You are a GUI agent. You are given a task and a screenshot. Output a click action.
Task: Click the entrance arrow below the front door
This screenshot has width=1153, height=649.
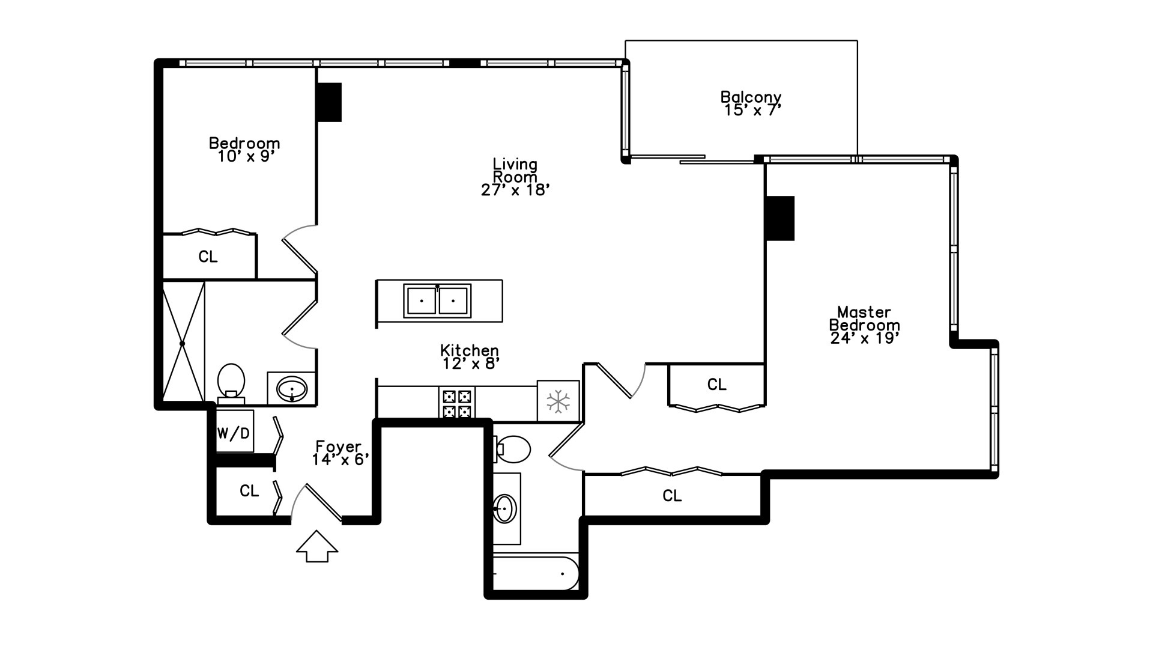(317, 547)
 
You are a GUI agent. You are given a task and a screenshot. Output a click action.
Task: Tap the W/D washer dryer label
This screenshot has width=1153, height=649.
(234, 433)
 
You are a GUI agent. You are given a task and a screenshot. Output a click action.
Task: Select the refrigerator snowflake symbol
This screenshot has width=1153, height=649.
(558, 401)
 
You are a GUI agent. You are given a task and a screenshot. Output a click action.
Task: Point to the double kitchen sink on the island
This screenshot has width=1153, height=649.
(437, 300)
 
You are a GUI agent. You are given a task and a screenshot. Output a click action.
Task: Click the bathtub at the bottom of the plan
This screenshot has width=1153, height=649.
(534, 573)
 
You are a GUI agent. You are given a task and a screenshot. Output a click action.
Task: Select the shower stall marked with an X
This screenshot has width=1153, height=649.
(183, 343)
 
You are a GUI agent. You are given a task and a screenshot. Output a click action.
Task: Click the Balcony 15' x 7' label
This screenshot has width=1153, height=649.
(751, 103)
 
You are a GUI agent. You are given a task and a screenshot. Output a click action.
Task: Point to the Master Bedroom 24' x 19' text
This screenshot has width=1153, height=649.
(864, 325)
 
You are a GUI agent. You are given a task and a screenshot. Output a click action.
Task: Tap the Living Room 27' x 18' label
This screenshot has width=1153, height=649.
(515, 177)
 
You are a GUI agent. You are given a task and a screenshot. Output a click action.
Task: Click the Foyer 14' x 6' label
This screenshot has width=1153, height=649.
(339, 453)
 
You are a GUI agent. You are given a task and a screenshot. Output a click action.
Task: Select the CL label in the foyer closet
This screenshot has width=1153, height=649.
(249, 491)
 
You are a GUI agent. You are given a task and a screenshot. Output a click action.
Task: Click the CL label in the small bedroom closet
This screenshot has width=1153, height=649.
(208, 257)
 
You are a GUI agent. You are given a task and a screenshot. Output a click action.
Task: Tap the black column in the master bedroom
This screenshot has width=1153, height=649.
(780, 218)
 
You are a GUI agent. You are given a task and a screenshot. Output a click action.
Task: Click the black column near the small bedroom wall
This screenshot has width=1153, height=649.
(329, 102)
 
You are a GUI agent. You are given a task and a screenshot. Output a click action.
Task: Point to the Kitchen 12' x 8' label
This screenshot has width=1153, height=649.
(470, 357)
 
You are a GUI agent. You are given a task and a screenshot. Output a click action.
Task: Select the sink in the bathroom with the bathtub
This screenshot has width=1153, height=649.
(505, 508)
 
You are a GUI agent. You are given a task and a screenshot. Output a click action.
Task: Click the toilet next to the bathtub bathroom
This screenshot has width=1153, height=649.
(513, 449)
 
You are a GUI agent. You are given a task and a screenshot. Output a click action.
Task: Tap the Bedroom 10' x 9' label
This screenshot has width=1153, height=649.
(244, 150)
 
